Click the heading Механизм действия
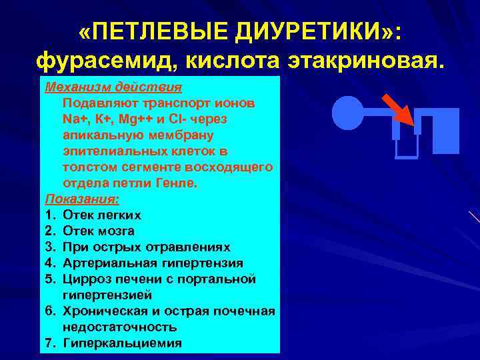pos(113,88)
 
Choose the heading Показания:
pos(82,199)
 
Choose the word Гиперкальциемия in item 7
pos(122,343)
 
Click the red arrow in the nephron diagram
pos(397,107)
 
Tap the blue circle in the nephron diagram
pos(346,113)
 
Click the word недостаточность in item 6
pos(120,327)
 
